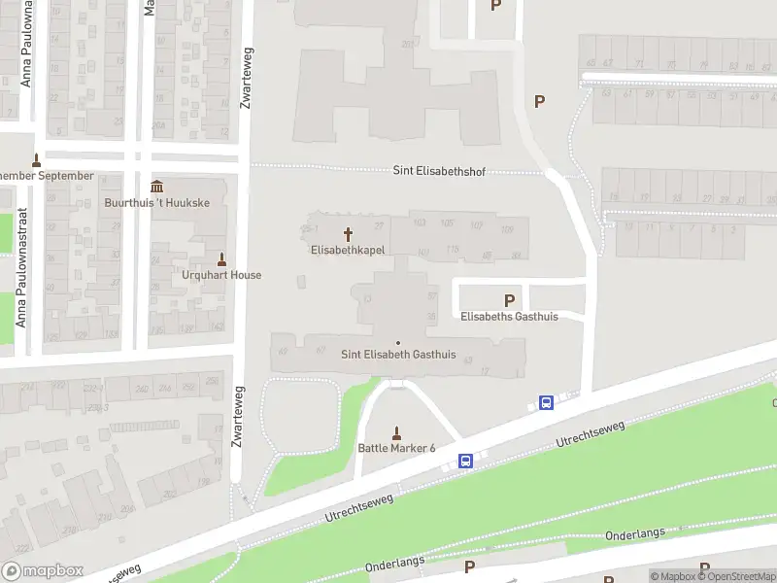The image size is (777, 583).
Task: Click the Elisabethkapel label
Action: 348,250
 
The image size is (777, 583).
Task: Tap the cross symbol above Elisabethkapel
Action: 348,234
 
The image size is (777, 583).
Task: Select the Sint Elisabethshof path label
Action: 438,171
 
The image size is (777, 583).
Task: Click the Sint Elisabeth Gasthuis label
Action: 398,355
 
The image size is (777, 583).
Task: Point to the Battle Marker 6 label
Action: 396,448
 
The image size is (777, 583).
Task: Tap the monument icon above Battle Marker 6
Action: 396,432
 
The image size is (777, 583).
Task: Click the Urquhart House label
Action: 221,275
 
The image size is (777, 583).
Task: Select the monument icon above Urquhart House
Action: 221,259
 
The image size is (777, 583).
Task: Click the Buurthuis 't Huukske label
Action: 157,203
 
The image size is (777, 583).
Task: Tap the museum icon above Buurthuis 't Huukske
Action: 157,187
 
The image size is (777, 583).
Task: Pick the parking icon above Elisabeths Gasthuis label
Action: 509,301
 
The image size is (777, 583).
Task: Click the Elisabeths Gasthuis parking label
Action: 509,317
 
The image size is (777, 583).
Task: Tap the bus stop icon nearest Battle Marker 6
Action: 466,461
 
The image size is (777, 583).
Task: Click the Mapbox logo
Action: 43,571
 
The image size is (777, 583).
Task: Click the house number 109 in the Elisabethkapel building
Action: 507,228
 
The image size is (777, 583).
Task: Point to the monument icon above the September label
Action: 37,160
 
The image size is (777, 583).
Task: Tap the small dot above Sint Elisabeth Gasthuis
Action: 398,342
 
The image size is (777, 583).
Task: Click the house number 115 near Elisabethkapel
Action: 452,250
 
